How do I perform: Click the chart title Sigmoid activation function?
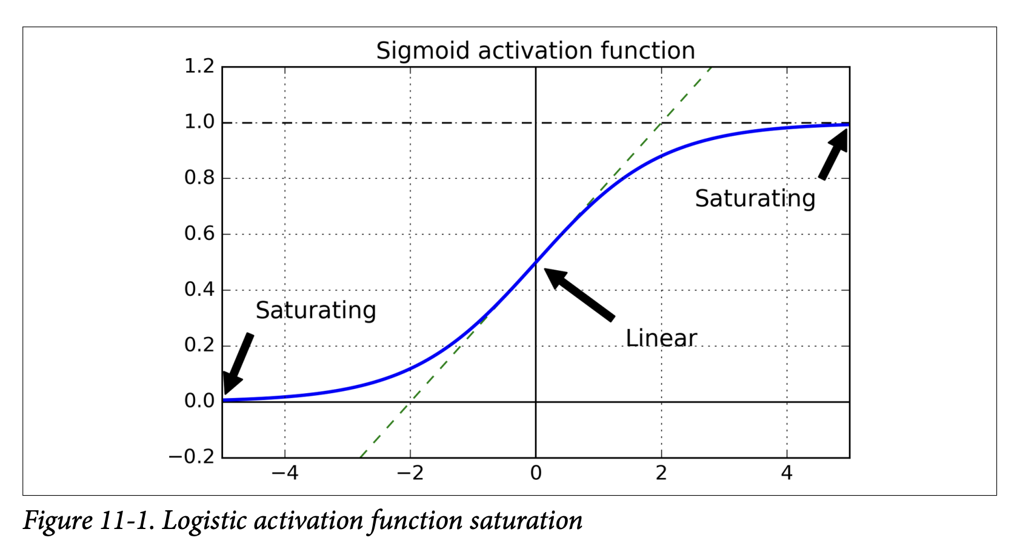(x=535, y=51)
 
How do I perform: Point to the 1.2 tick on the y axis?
(x=199, y=66)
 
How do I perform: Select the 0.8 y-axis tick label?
(x=199, y=178)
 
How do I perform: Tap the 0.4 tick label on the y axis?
(x=199, y=290)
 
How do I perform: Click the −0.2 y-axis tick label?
(x=192, y=457)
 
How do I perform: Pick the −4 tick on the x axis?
(x=284, y=473)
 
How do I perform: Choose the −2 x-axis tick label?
(x=410, y=473)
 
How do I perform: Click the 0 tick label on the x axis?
(x=536, y=473)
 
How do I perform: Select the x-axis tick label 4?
(x=787, y=473)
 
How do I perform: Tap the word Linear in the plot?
(x=661, y=338)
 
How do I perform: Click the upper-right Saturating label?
(x=755, y=199)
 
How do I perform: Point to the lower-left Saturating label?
(x=316, y=310)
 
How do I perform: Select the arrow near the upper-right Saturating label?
(x=834, y=154)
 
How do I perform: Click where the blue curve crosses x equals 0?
(x=536, y=262)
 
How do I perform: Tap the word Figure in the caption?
(x=58, y=521)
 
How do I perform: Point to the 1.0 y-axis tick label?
(x=199, y=122)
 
